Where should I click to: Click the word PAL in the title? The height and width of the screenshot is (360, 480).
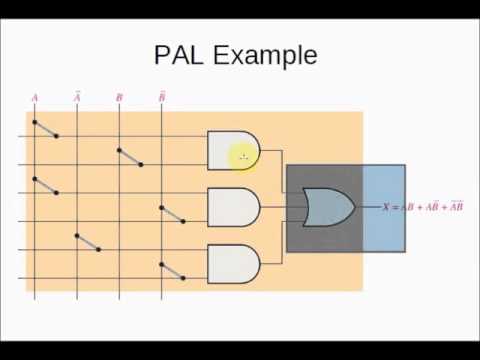point(177,54)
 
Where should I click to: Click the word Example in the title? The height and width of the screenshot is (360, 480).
point(264,56)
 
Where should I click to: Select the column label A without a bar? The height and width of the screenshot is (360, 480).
point(35,98)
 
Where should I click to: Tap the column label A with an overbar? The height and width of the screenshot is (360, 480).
point(77,98)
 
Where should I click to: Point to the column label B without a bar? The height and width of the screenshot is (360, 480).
point(119,98)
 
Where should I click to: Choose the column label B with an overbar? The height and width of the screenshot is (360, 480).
point(162,98)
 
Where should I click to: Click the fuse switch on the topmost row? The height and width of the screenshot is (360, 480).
point(45,129)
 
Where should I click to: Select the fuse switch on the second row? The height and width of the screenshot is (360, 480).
point(130,157)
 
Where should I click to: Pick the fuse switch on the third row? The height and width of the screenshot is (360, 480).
point(45,186)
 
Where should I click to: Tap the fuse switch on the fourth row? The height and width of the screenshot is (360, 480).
point(172,214)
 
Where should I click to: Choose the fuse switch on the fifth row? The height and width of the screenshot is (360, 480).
point(87,242)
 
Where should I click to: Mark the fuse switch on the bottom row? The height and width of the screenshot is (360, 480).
point(172,270)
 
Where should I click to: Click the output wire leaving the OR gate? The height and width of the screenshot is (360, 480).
point(367,208)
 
